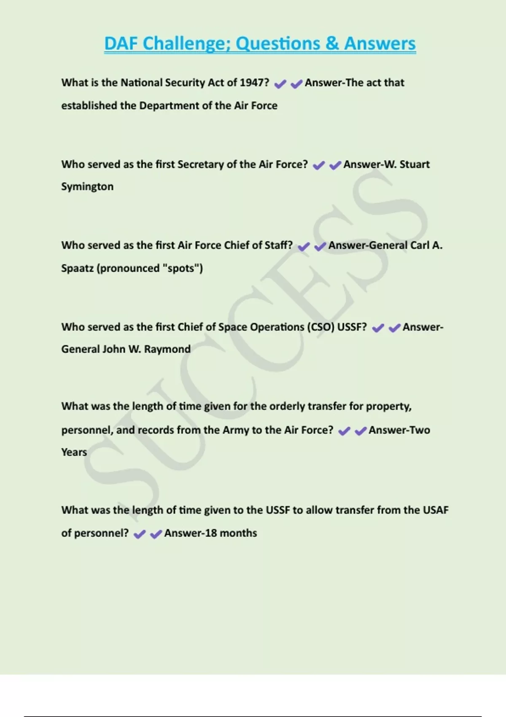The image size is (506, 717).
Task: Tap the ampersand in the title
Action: click(332, 44)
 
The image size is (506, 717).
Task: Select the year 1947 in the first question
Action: click(254, 83)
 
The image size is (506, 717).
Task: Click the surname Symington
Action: click(87, 187)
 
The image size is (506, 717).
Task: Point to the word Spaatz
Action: click(77, 268)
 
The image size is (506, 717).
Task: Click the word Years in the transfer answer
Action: click(74, 452)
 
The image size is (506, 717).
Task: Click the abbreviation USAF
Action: click(436, 510)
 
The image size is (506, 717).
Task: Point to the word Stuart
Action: click(414, 164)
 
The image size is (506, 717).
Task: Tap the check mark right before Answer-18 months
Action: click(156, 534)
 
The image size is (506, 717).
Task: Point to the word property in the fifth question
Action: click(388, 407)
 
